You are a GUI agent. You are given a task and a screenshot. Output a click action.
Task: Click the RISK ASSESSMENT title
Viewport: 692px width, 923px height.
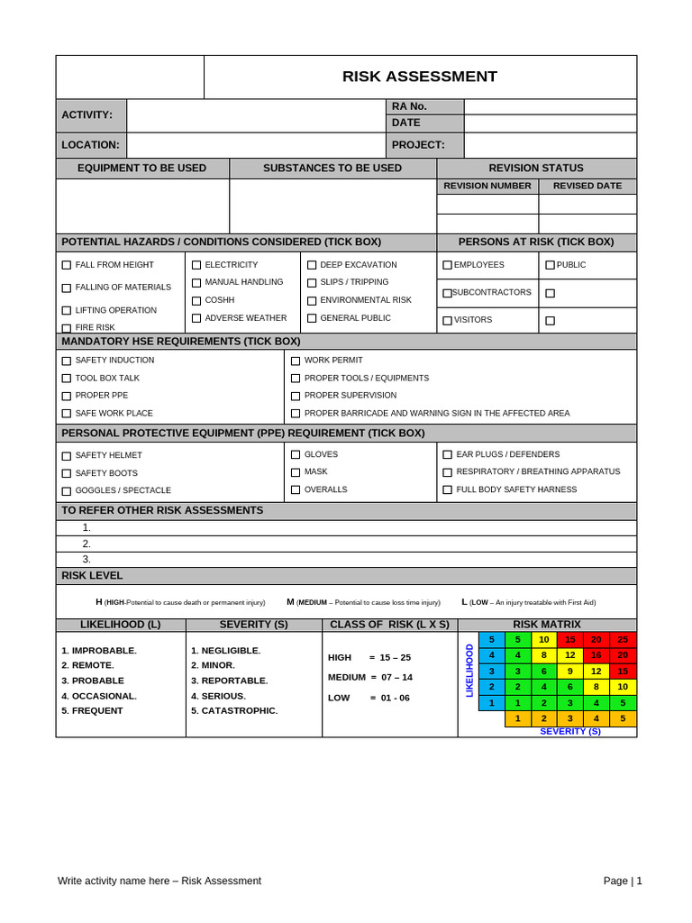[419, 77]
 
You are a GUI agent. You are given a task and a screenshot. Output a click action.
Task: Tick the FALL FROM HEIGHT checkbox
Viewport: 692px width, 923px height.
[67, 265]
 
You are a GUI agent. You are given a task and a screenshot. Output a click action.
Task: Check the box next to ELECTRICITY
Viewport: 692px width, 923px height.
[196, 265]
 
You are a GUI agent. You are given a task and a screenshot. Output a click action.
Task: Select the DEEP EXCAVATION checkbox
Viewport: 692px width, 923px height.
[312, 265]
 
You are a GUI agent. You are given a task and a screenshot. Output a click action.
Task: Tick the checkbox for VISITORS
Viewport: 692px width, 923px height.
[447, 320]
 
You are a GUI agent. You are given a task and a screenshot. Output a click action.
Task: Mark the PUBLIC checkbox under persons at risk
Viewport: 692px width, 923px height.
[550, 265]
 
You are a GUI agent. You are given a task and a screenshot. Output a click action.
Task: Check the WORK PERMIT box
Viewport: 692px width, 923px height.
[296, 361]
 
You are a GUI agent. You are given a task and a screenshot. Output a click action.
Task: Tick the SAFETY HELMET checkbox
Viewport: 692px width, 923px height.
[67, 456]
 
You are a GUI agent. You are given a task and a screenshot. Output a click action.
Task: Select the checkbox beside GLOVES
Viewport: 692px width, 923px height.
[296, 454]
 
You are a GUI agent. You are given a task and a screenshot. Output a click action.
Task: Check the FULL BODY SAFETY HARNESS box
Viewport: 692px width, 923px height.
[447, 489]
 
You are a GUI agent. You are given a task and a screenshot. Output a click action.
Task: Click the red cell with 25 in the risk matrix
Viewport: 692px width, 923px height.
[623, 639]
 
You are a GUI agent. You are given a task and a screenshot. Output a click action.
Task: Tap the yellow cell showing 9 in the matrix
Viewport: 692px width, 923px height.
[569, 671]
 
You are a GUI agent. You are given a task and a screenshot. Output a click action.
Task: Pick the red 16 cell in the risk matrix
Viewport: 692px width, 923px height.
[596, 655]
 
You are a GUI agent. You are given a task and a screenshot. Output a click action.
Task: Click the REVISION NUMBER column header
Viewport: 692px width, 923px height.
[487, 186]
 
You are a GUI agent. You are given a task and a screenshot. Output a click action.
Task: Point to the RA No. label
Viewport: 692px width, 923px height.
[409, 106]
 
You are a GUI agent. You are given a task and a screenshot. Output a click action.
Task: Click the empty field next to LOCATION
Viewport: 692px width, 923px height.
[256, 144]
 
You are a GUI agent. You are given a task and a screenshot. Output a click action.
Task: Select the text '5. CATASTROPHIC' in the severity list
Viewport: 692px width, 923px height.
[234, 710]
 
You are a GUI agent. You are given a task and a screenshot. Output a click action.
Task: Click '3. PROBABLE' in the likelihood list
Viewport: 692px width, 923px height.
[93, 681]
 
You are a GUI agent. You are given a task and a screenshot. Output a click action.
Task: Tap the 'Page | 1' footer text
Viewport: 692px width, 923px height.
[623, 881]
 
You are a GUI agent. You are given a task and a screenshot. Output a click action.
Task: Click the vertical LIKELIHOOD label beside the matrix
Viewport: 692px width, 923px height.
[469, 671]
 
